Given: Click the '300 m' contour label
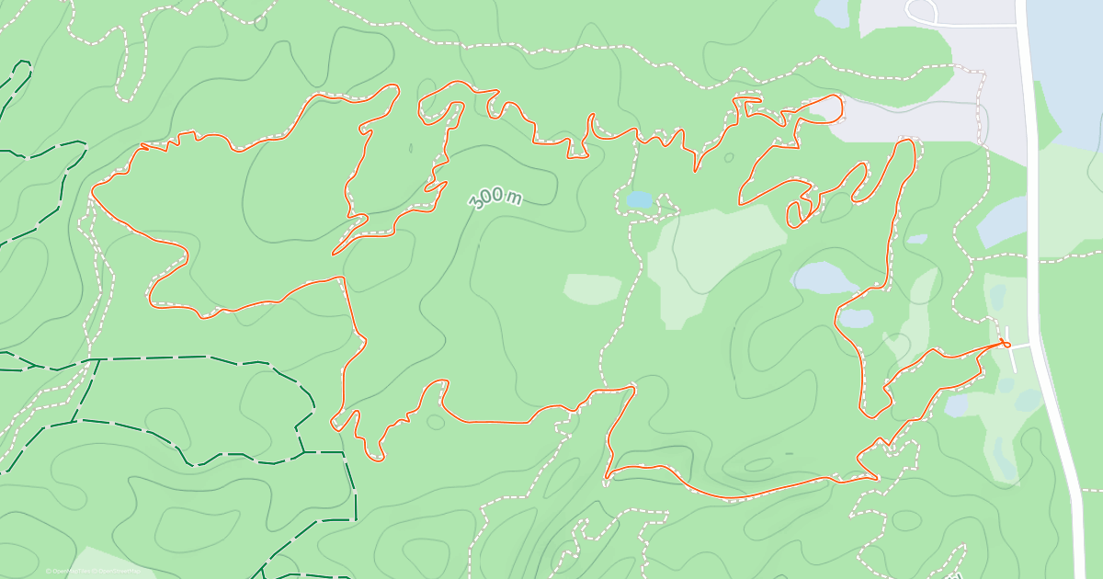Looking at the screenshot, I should [495, 198].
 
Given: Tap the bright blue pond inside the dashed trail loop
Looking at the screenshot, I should [640, 199].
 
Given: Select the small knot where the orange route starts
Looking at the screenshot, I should [1005, 344].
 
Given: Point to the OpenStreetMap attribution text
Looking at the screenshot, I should [120, 571].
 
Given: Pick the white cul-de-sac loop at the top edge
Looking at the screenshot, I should [920, 11].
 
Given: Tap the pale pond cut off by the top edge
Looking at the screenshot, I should [833, 12].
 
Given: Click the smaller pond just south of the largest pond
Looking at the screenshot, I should [855, 318].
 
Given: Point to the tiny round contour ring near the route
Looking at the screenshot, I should [729, 158].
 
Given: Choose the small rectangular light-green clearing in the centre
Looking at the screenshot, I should [592, 289].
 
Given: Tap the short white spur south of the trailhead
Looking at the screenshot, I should [1012, 360].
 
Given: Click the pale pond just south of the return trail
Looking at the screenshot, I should [956, 404].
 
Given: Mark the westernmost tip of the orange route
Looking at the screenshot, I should [92, 193].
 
